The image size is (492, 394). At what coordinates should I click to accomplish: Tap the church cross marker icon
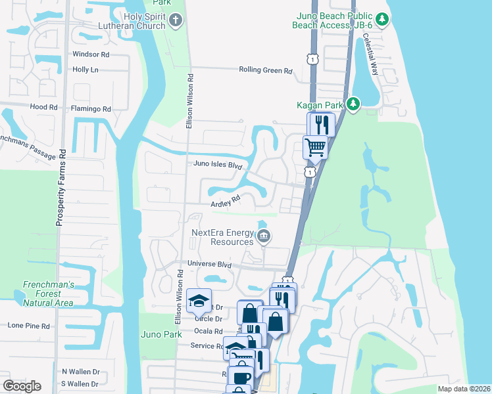(x=175, y=20)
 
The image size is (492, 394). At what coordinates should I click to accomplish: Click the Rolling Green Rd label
(x=266, y=70)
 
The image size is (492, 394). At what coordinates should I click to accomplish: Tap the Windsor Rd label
(x=91, y=54)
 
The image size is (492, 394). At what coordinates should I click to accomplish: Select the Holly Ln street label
(x=86, y=69)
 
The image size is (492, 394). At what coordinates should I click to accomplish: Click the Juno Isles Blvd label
(x=218, y=164)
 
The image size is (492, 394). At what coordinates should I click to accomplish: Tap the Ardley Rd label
(x=226, y=203)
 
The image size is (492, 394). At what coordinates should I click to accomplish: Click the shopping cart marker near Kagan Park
(x=315, y=146)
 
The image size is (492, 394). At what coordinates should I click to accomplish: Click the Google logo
(x=22, y=386)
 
